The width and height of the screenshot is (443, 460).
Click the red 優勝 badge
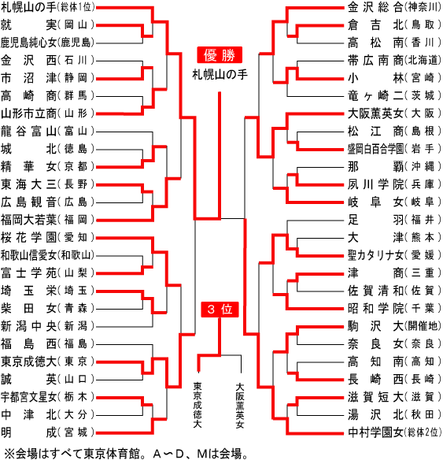click(220, 55)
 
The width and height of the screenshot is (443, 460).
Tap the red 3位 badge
click(220, 310)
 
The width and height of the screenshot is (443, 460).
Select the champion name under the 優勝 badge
click(220, 75)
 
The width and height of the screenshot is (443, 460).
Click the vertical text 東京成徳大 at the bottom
click(198, 405)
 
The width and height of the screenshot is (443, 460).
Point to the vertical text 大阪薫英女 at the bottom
click(240, 405)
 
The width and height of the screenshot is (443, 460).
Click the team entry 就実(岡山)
click(47, 25)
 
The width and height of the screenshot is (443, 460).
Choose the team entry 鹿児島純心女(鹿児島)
click(47, 43)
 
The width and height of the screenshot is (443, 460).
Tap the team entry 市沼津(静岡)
click(47, 78)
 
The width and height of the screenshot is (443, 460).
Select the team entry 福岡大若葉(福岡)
click(47, 220)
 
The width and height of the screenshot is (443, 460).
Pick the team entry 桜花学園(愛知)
click(47, 237)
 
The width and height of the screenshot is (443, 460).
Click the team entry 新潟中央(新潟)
click(47, 326)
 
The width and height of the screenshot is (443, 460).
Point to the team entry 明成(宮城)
click(47, 432)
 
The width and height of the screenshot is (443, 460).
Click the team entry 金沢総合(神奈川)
click(394, 8)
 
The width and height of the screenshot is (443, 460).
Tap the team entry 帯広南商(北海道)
click(394, 61)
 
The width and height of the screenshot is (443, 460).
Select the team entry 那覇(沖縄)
click(394, 167)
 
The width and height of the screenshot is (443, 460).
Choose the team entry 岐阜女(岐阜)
click(394, 202)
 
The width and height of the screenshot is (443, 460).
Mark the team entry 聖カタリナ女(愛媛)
click(394, 255)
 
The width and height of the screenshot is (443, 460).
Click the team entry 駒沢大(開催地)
click(394, 326)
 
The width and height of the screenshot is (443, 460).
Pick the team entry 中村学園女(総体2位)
click(394, 432)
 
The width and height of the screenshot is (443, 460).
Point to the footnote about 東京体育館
click(126, 454)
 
